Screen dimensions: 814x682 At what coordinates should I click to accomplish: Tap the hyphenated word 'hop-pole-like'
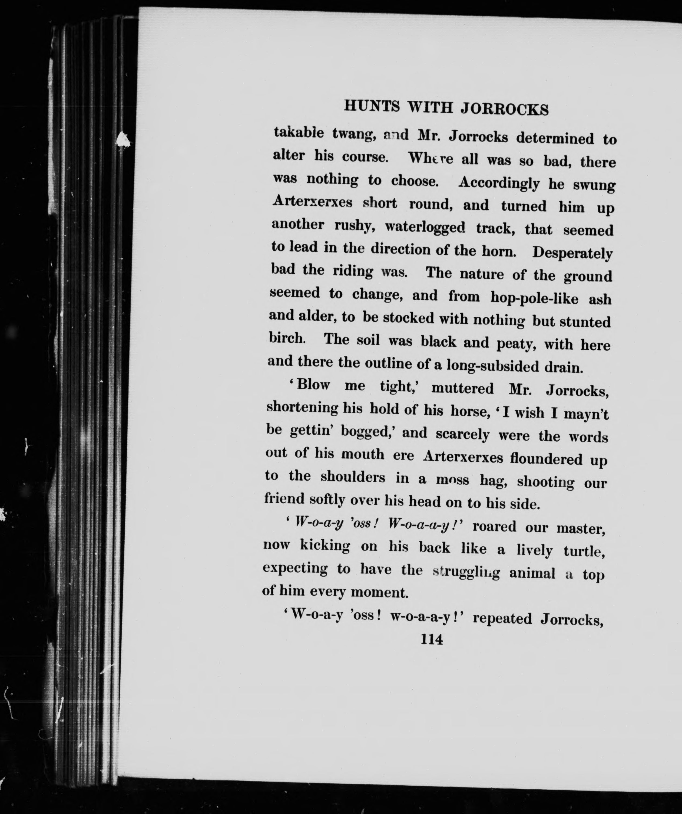(x=534, y=298)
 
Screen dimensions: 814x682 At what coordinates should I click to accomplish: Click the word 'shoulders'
(x=353, y=477)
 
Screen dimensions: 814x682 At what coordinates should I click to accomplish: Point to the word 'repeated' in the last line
(x=502, y=619)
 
